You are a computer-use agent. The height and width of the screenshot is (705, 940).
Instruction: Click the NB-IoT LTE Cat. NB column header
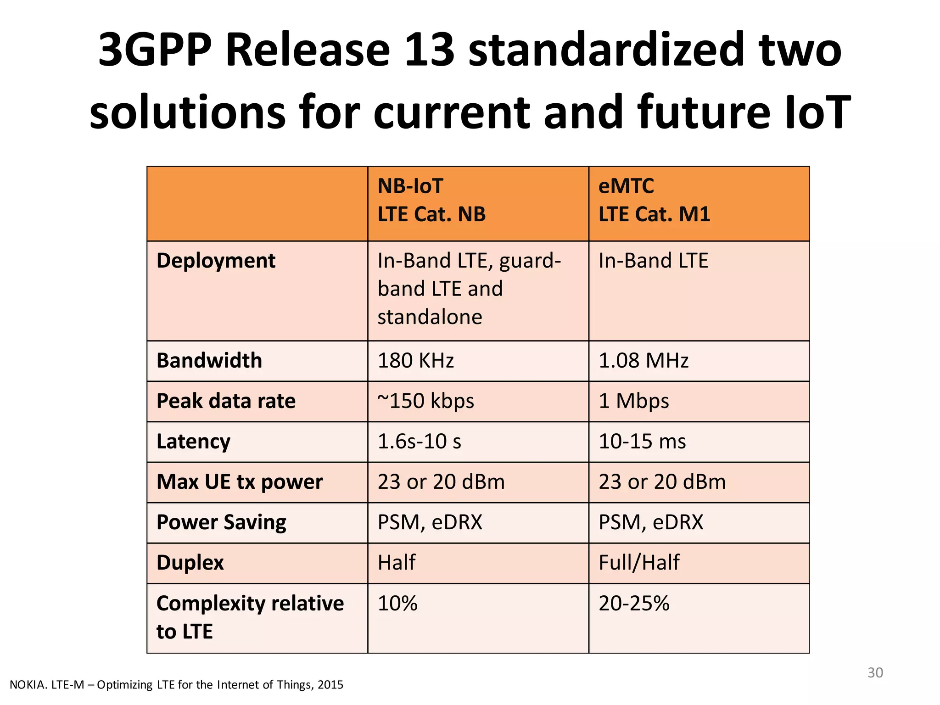click(x=431, y=201)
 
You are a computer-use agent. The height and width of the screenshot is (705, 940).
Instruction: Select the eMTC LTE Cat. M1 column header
click(x=654, y=201)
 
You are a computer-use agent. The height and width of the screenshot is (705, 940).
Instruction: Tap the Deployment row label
click(x=216, y=261)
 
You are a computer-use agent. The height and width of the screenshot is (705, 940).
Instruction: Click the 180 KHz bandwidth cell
click(x=416, y=361)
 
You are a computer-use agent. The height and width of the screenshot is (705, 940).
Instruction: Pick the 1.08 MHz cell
click(x=643, y=361)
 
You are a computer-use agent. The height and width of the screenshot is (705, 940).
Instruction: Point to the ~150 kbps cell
click(x=426, y=401)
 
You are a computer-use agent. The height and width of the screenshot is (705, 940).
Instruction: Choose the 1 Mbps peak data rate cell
click(x=634, y=401)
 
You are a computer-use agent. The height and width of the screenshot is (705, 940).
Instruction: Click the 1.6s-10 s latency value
click(x=419, y=442)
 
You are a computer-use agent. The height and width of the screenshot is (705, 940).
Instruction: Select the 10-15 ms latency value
click(x=642, y=442)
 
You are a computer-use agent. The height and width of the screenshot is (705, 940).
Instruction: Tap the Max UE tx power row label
click(x=240, y=482)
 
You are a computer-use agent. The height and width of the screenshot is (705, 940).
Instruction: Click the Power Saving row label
click(x=221, y=522)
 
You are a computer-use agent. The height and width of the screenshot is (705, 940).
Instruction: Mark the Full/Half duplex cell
click(x=639, y=563)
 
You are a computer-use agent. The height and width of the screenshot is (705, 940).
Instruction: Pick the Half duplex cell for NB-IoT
click(x=397, y=563)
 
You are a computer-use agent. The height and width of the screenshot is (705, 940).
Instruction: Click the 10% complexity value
click(x=397, y=603)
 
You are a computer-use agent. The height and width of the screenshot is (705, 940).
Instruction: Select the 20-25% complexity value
click(x=634, y=603)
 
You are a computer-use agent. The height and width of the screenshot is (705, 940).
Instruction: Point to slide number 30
click(x=875, y=673)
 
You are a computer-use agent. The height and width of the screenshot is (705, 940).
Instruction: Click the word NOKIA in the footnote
click(x=28, y=685)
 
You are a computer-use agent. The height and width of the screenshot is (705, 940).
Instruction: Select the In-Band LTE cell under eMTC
click(x=653, y=261)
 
